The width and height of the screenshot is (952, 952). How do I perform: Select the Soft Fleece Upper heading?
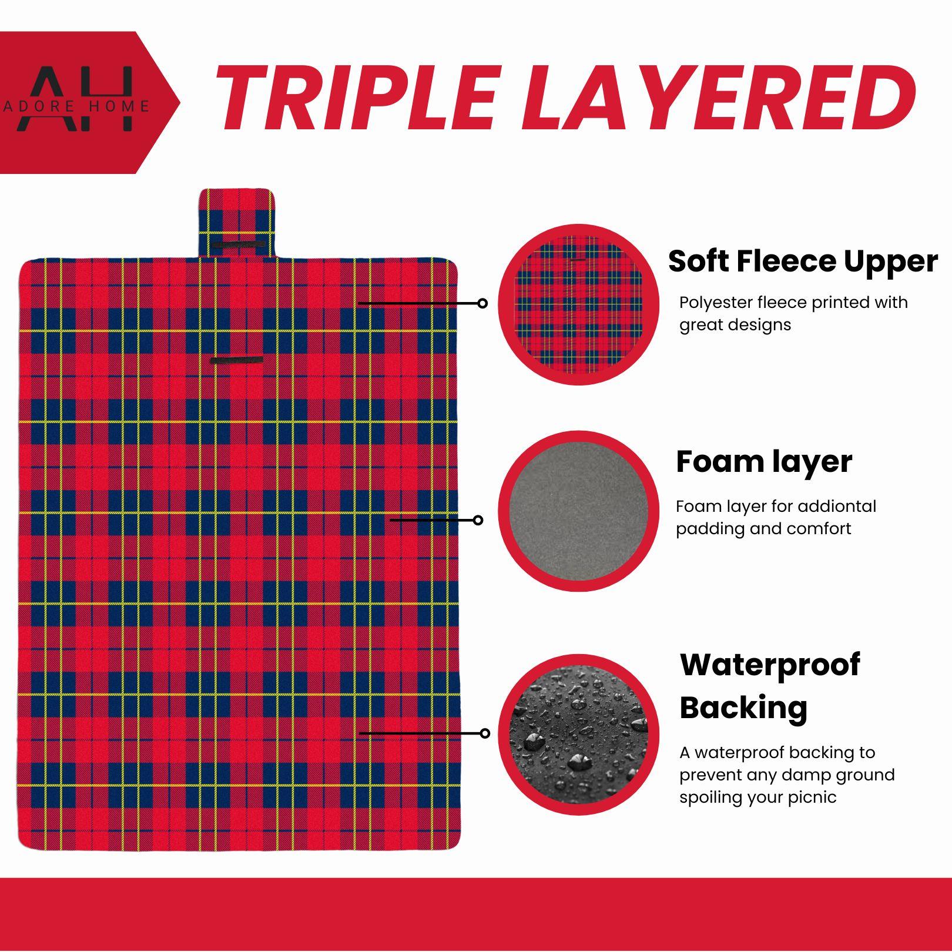coord(803,261)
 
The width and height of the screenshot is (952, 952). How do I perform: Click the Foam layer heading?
coord(763,461)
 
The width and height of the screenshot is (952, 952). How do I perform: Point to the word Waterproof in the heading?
coord(770,665)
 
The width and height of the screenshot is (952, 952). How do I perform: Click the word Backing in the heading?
coord(743,708)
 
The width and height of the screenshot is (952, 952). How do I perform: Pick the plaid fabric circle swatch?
coord(579,304)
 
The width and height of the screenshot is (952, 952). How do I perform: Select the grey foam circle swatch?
coord(579,511)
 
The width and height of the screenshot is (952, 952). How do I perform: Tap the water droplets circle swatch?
coord(579,735)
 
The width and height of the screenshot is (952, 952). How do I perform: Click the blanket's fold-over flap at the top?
coord(236,223)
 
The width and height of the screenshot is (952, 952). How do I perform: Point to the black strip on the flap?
coord(238,244)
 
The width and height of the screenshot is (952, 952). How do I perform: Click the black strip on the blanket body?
coord(237,360)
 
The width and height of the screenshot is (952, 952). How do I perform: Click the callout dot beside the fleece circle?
coord(482,303)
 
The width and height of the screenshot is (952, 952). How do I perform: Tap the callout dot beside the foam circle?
coord(478,520)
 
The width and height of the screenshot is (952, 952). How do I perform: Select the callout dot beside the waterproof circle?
coord(485,733)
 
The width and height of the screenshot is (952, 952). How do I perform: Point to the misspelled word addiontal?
coord(834,506)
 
